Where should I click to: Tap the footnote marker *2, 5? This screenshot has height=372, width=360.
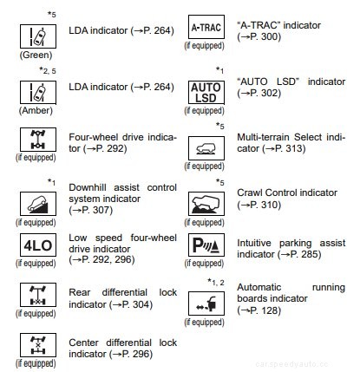48,69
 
